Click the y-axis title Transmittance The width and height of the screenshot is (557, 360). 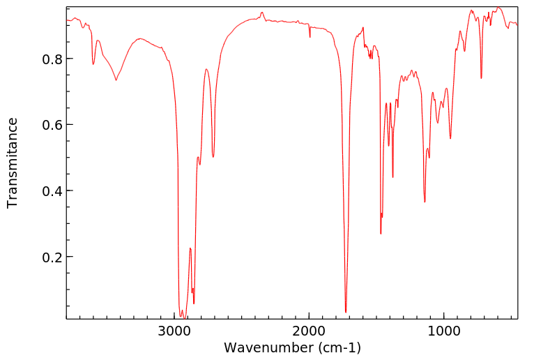[13, 163]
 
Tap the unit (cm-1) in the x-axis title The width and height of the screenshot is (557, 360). [339, 347]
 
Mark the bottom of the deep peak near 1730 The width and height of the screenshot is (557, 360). [346, 312]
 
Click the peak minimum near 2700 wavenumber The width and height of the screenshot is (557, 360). [213, 157]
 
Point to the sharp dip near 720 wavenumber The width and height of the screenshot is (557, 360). [481, 77]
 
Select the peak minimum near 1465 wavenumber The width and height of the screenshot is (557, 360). [381, 233]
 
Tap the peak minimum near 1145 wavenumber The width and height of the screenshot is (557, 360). [425, 202]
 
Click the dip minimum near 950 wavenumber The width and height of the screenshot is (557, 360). [450, 138]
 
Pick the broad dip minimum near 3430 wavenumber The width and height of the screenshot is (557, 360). [116, 80]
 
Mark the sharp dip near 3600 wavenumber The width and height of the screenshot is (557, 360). [93, 65]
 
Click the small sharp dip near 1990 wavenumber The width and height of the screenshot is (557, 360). [310, 37]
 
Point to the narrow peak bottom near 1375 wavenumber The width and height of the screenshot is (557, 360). [393, 177]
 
